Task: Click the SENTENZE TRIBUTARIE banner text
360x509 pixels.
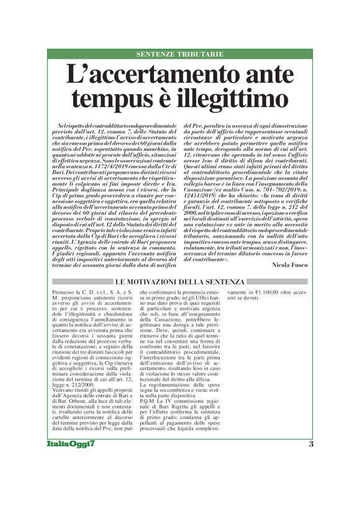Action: coord(180,54)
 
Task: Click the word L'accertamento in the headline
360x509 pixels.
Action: coord(145,76)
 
